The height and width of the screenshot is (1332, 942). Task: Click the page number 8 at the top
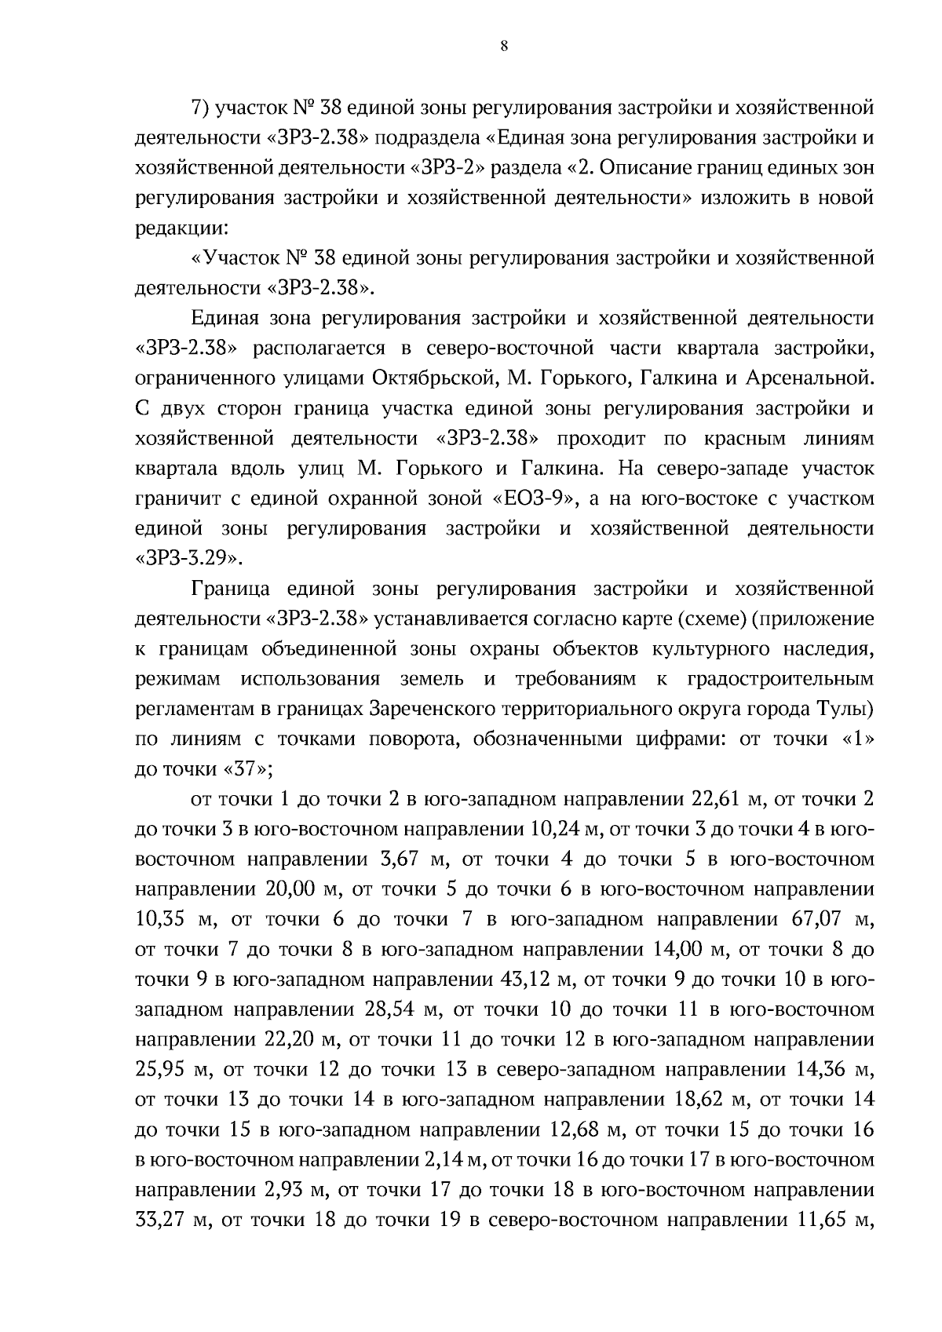(x=503, y=46)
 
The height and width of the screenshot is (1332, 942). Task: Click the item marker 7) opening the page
(x=199, y=107)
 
